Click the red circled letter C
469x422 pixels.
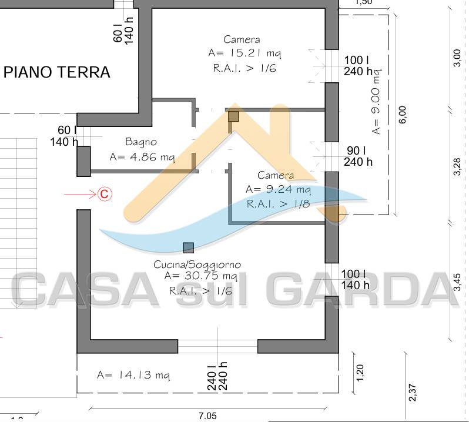click(x=105, y=194)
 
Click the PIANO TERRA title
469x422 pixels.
click(x=57, y=72)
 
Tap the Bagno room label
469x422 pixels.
click(x=141, y=142)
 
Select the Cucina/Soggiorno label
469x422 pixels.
click(x=197, y=264)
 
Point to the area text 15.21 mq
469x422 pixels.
click(x=256, y=53)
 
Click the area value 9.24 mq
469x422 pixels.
click(x=289, y=189)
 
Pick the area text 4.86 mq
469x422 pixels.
click(x=153, y=157)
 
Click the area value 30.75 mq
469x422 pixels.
click(x=211, y=276)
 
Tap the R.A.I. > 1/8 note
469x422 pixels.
click(x=278, y=204)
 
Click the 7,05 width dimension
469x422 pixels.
click(x=207, y=416)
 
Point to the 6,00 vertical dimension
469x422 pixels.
click(x=403, y=115)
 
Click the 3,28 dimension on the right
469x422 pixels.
click(x=457, y=166)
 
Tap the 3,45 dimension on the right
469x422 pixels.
click(x=457, y=282)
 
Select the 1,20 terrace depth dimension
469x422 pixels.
click(x=360, y=373)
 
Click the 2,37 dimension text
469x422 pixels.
click(x=413, y=393)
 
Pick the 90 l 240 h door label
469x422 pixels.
click(x=358, y=156)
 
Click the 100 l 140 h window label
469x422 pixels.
click(x=355, y=279)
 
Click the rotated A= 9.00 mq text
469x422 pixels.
click(x=376, y=102)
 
